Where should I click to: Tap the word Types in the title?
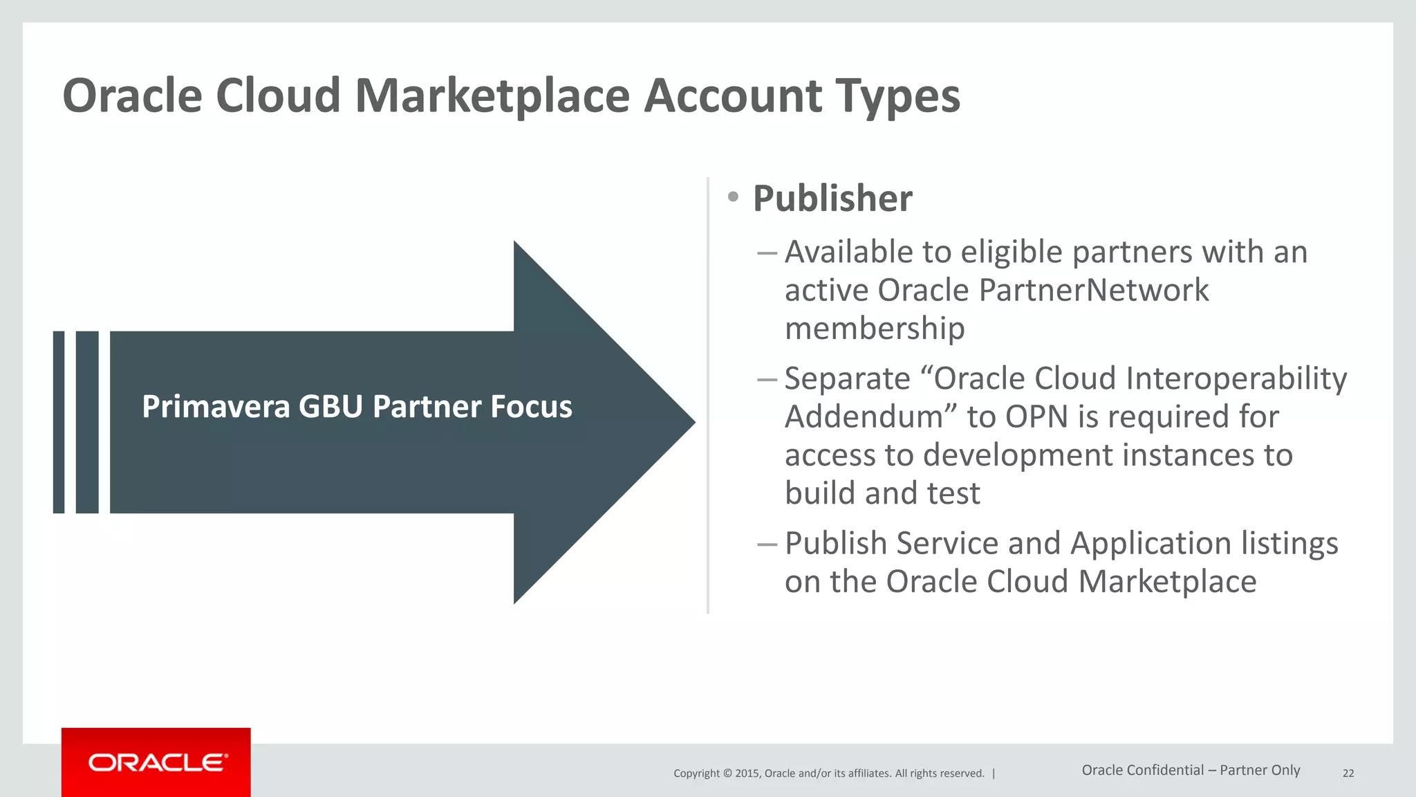(897, 95)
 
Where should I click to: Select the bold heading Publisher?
(832, 199)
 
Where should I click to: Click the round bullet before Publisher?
(734, 197)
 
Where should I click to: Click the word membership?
(875, 328)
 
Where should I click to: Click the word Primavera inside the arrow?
(216, 407)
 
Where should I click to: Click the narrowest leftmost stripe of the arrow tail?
(59, 422)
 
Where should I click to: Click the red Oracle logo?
(156, 762)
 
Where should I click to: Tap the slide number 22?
(1348, 773)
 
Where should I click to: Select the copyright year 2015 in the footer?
(747, 773)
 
